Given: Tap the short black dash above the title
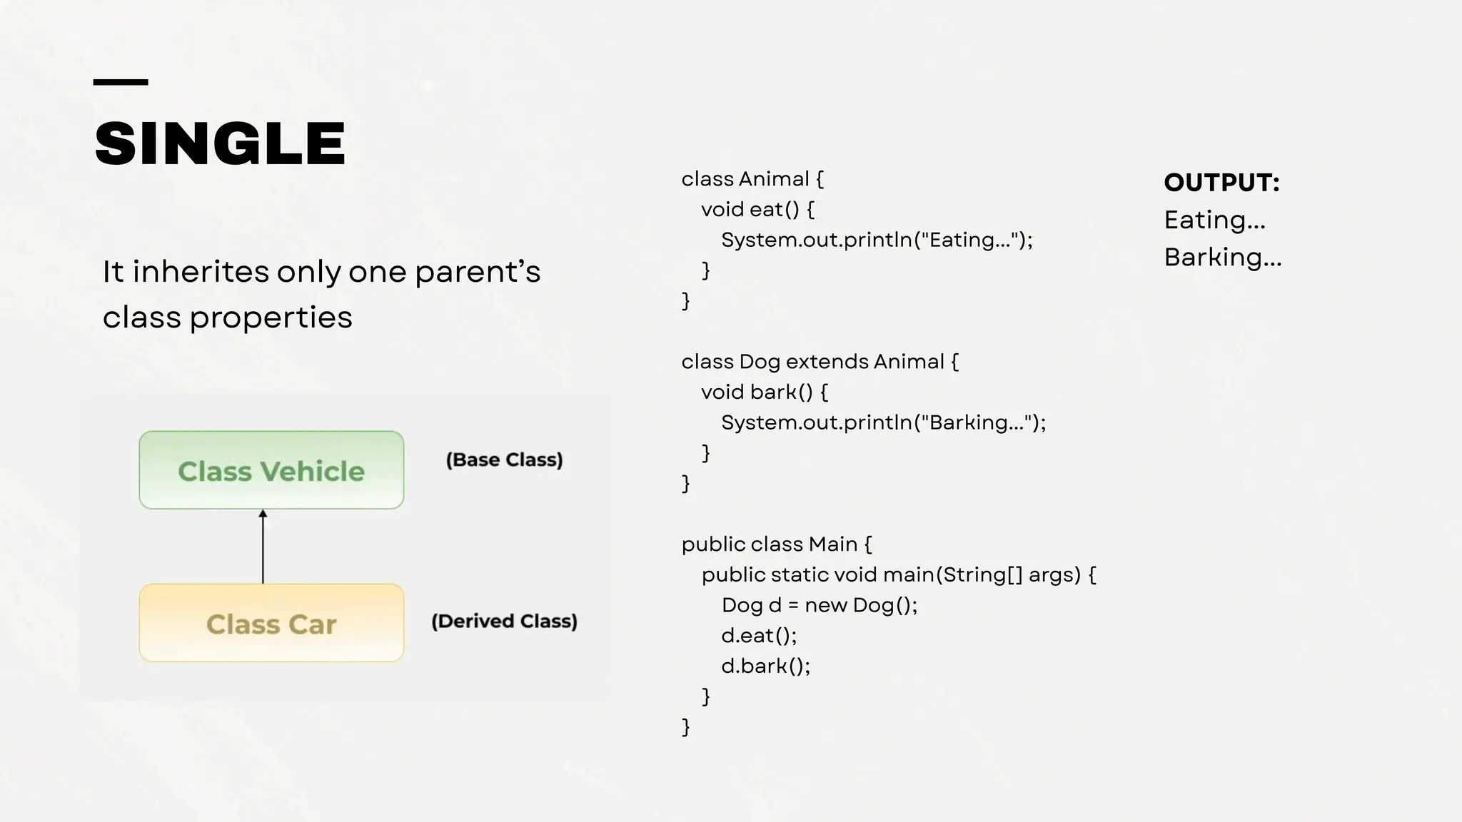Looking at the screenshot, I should click(121, 83).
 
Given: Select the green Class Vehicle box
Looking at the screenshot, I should click(271, 470).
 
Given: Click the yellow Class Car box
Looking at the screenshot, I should click(271, 623).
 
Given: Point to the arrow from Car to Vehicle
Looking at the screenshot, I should click(263, 547).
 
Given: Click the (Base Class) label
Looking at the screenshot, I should click(504, 460).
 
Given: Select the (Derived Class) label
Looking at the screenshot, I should click(504, 621).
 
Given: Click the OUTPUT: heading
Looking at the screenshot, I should click(1221, 183).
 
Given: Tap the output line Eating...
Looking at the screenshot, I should click(1214, 220).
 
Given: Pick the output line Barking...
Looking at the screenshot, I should click(1223, 257).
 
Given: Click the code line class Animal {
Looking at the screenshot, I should click(752, 178).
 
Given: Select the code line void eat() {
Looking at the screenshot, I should click(757, 209).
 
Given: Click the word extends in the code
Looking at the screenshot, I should click(828, 362).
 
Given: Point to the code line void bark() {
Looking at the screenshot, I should click(764, 392).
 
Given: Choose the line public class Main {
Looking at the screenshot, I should click(776, 544).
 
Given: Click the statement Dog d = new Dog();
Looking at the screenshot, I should click(819, 605).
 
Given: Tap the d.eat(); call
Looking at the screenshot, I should click(759, 635).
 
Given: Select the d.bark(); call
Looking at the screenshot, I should click(765, 666).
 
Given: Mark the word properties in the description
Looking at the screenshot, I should click(271, 318).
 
